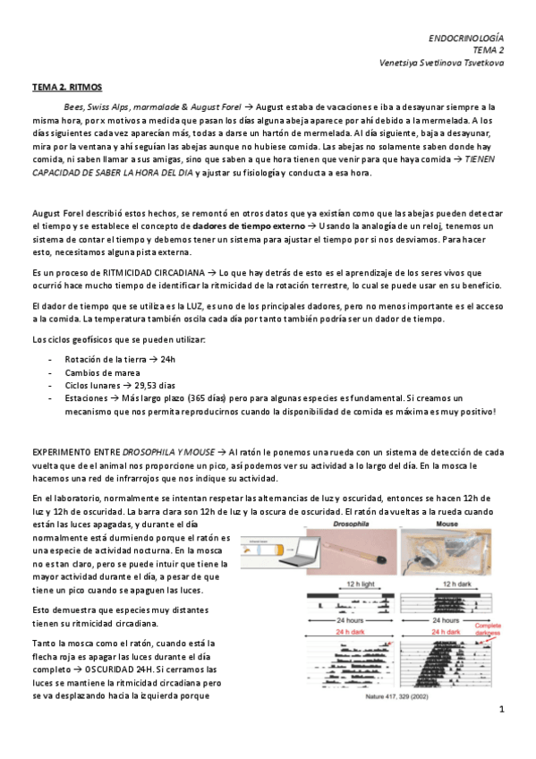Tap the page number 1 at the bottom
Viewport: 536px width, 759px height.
(502, 710)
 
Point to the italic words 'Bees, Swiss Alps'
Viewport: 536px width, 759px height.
(95, 106)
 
